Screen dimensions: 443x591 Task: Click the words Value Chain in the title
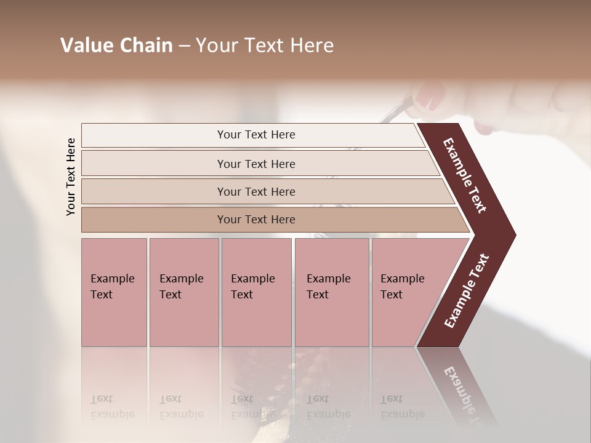[116, 46]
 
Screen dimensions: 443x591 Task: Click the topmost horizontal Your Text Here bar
[255, 135]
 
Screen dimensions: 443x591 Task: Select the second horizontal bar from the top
[255, 164]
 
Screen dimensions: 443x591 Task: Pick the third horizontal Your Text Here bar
[255, 191]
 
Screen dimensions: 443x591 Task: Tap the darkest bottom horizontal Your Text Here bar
[255, 220]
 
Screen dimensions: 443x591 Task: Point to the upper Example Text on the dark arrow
[465, 176]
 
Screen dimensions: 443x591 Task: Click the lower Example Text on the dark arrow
[466, 291]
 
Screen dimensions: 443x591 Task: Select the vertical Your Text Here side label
[71, 177]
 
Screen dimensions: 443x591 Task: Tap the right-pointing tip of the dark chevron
[512, 234]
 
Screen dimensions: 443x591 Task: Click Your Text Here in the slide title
[265, 46]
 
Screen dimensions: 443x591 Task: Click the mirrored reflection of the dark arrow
[462, 388]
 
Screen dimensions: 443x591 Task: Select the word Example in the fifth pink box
[402, 279]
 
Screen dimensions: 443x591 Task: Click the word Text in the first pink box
[102, 295]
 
